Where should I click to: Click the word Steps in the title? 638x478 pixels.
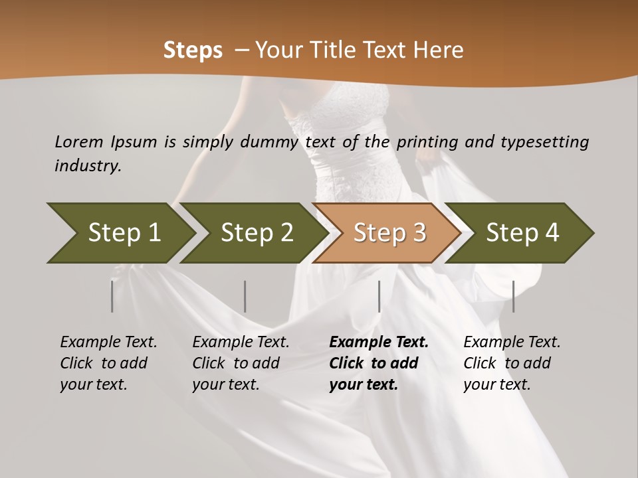pyautogui.click(x=193, y=50)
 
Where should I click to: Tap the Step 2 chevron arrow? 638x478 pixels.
pyautogui.click(x=257, y=232)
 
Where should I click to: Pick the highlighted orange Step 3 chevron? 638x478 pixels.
pyautogui.click(x=389, y=232)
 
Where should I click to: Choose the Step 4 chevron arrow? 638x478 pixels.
pyautogui.click(x=522, y=232)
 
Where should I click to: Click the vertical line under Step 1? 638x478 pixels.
pyautogui.click(x=112, y=296)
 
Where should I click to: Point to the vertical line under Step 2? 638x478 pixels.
pyautogui.click(x=245, y=296)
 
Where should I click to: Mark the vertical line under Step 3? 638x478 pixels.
pyautogui.click(x=379, y=296)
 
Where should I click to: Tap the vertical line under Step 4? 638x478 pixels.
pyautogui.click(x=514, y=296)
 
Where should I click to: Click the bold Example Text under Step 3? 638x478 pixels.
pyautogui.click(x=379, y=342)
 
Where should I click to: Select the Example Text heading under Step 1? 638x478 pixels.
pyautogui.click(x=108, y=342)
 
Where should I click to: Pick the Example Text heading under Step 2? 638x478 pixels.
pyautogui.click(x=241, y=342)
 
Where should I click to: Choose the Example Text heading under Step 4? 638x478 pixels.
pyautogui.click(x=512, y=342)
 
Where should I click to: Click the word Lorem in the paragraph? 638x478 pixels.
pyautogui.click(x=79, y=141)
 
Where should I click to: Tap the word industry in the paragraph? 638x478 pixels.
pyautogui.click(x=88, y=165)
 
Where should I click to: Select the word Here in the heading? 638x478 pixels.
pyautogui.click(x=439, y=50)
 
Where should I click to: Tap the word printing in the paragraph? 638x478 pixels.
pyautogui.click(x=425, y=141)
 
